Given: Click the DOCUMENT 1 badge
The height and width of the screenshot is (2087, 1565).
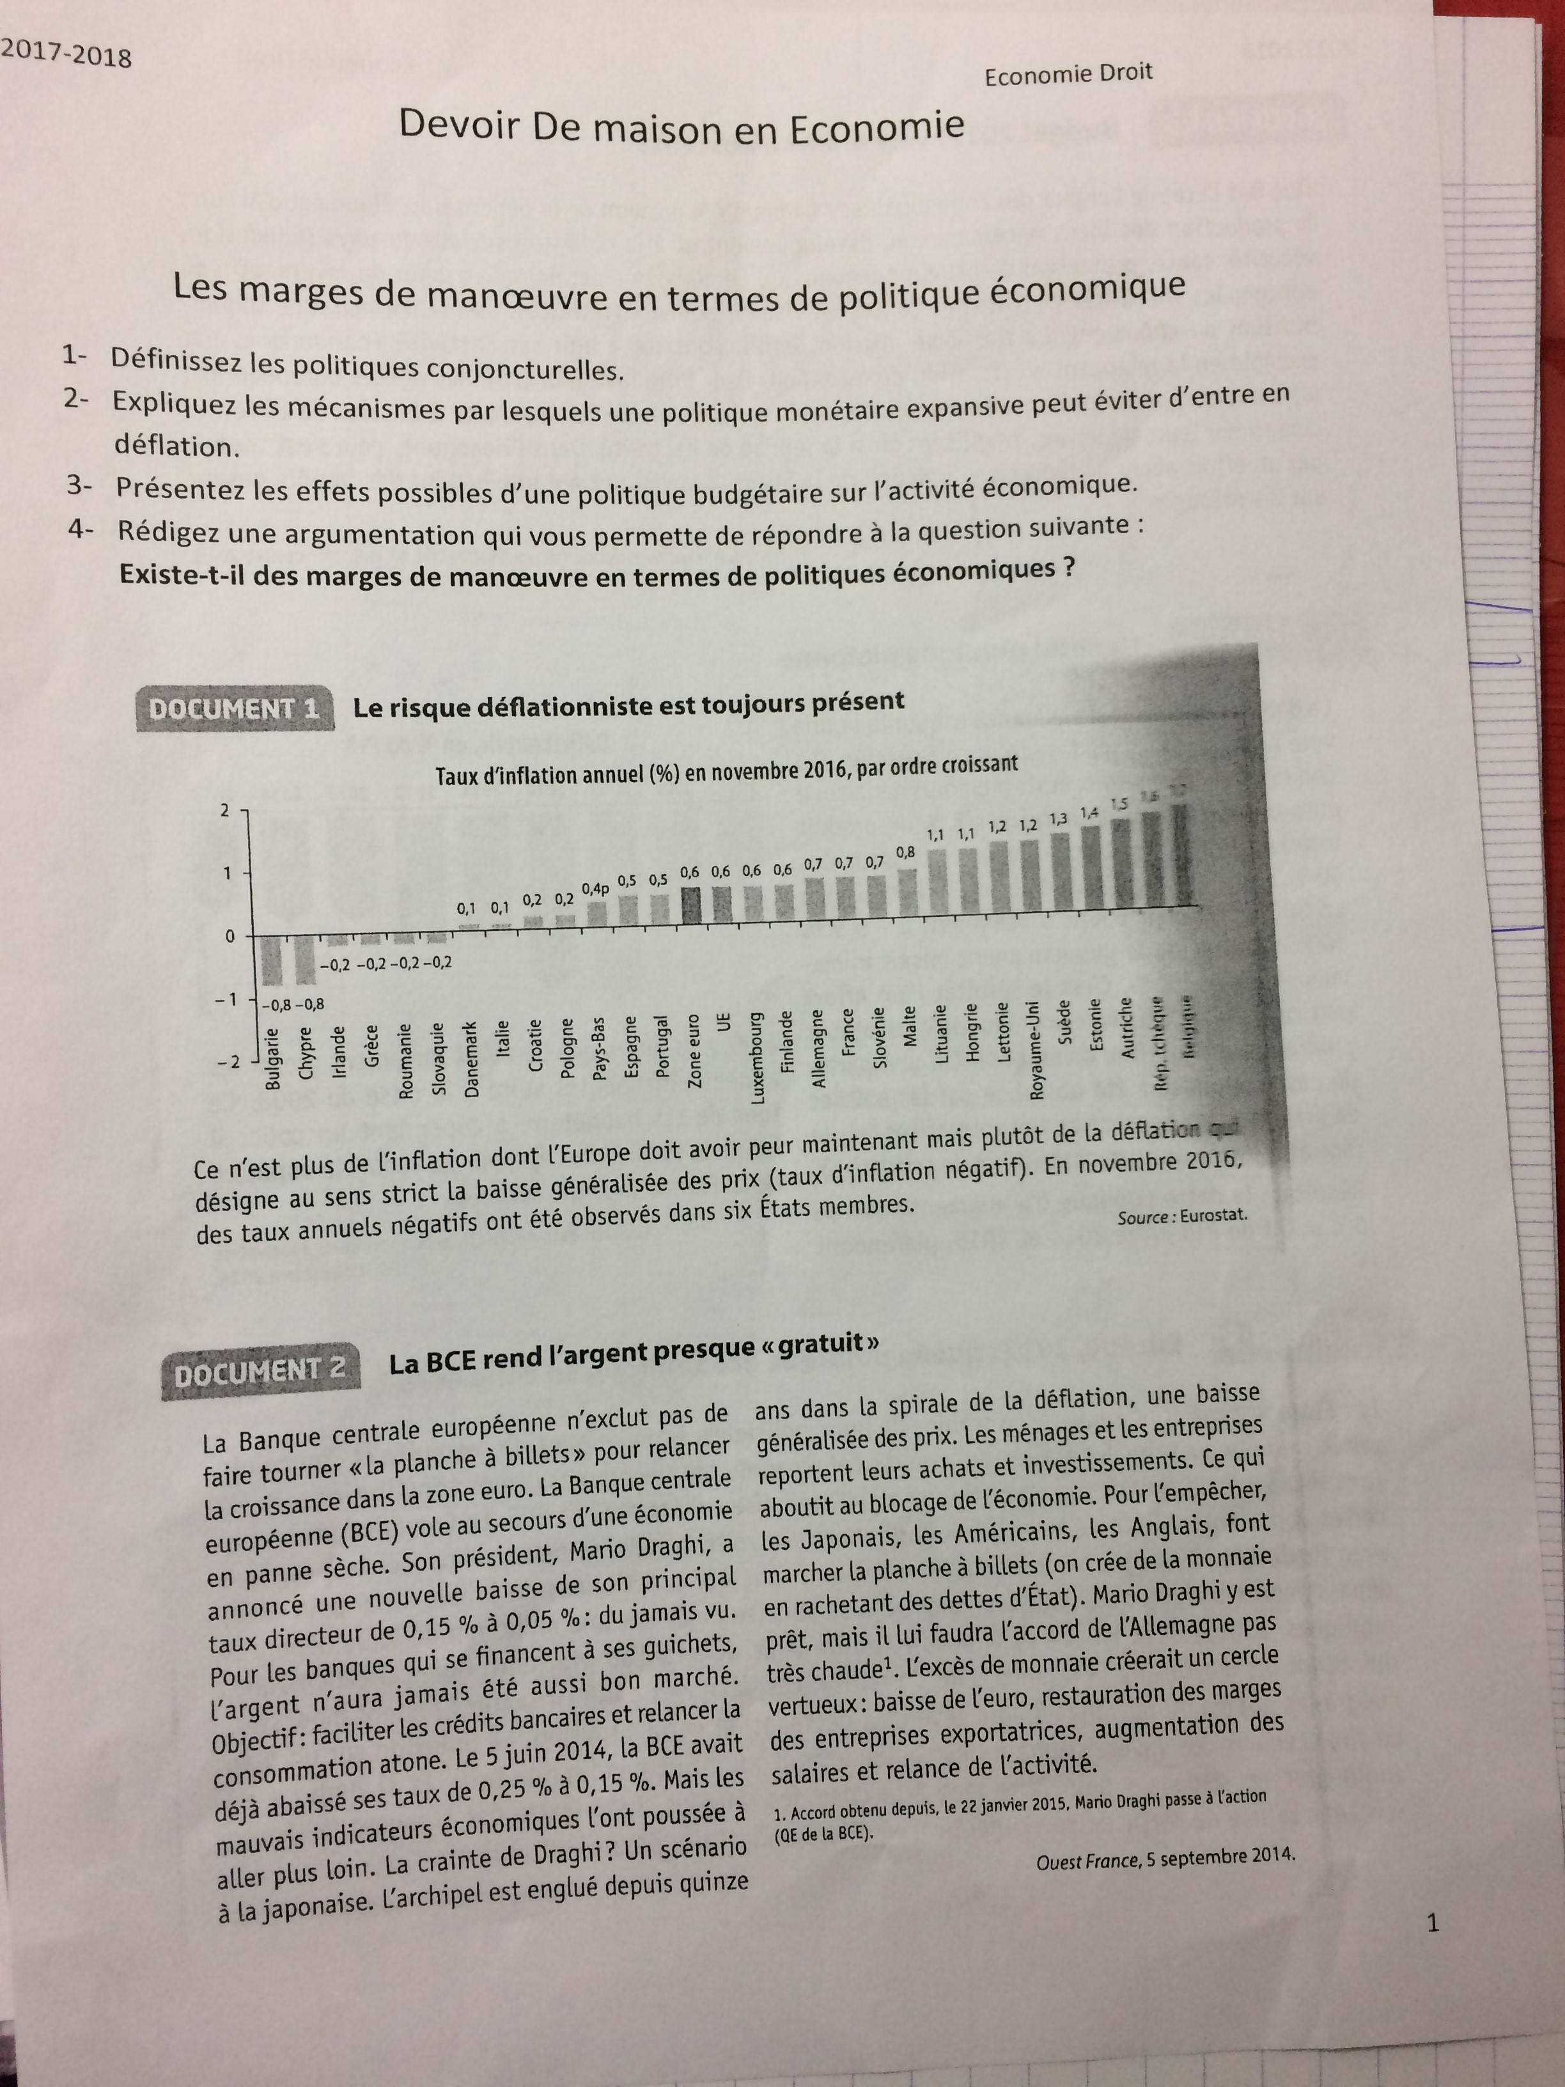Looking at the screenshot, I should click(x=234, y=710).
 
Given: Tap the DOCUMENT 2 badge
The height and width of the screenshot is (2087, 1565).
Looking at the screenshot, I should click(x=260, y=1371).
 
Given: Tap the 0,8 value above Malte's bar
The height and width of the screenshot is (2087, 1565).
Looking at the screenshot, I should click(x=906, y=852).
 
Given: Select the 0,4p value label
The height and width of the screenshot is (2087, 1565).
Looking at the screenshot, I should click(x=595, y=889).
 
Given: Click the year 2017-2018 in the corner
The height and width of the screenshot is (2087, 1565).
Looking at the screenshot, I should click(x=66, y=55).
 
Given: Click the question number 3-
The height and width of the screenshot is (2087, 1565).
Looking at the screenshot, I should click(x=80, y=486).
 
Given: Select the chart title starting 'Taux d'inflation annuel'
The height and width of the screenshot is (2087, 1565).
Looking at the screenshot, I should click(x=726, y=770).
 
